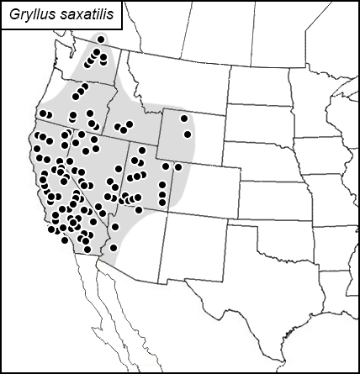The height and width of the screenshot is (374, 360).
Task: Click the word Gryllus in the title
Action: click(29, 14)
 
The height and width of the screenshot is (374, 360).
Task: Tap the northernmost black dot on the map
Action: click(101, 39)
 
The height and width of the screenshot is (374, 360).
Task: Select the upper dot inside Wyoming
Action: click(183, 119)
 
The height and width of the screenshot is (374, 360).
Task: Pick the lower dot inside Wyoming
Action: click(188, 134)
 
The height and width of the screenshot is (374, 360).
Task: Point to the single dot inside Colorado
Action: click(178, 166)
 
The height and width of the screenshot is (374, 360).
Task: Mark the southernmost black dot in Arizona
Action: click(114, 247)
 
